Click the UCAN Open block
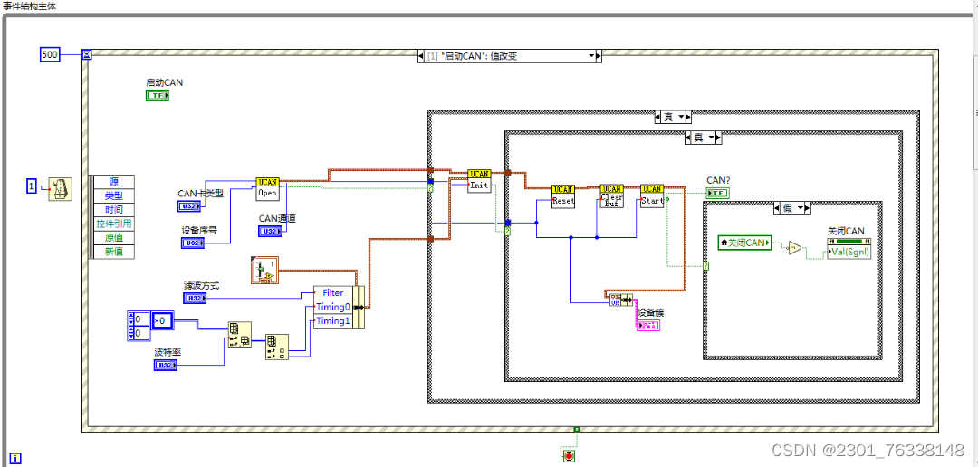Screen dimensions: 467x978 [x=268, y=188]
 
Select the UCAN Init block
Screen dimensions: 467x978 [x=479, y=181]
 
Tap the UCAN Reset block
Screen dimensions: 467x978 [x=562, y=196]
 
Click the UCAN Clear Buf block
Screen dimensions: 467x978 [x=612, y=196]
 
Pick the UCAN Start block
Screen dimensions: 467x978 [x=651, y=196]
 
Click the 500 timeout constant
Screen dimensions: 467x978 [x=50, y=55]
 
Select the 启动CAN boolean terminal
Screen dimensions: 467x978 [x=158, y=95]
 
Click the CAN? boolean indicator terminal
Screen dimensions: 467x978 [x=718, y=193]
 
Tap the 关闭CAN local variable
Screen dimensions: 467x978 [x=744, y=243]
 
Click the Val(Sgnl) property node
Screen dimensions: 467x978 [x=849, y=252]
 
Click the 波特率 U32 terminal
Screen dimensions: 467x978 [x=166, y=365]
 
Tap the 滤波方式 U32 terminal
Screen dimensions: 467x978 [x=195, y=298]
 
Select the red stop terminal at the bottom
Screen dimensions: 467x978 [x=569, y=455]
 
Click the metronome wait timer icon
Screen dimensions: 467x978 [x=60, y=187]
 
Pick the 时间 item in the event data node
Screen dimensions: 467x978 [x=113, y=209]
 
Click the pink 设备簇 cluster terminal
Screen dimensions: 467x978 [x=647, y=325]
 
